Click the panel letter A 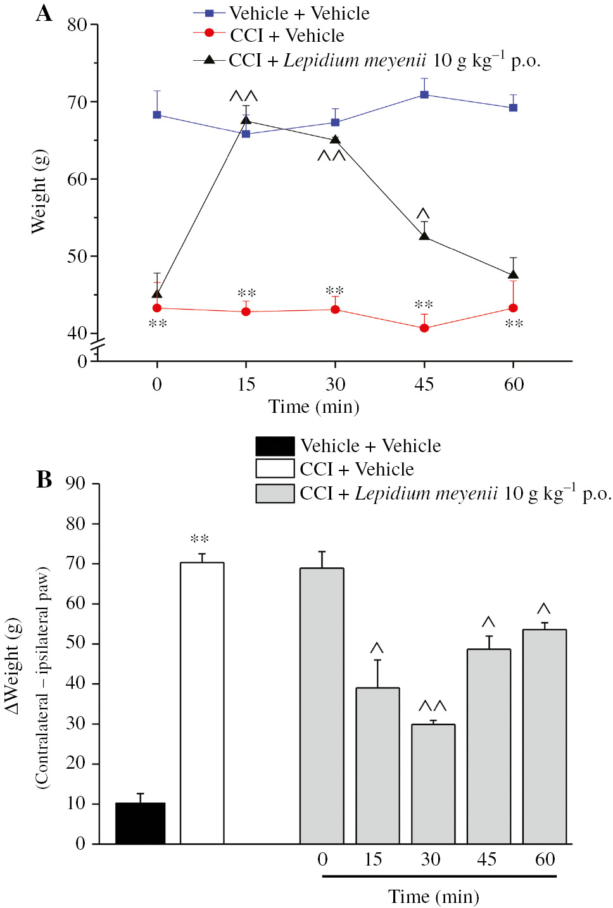[x=44, y=13]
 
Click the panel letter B [x=44, y=479]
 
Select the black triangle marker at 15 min [x=246, y=120]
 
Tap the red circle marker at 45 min [x=424, y=328]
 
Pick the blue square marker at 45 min [x=424, y=94]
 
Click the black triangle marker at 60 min [x=513, y=275]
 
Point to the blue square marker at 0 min [x=157, y=115]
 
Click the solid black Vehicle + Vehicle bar [x=140, y=823]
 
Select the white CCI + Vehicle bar [x=202, y=703]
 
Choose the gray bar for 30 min [x=433, y=784]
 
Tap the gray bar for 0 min [x=322, y=706]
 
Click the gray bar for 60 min [x=544, y=736]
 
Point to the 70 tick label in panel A [x=77, y=102]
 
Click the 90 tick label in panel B [x=75, y=484]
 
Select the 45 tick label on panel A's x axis [x=424, y=384]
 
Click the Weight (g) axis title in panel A [x=39, y=192]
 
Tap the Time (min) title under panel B [x=433, y=897]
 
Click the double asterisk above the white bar [x=199, y=539]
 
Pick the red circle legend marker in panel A [x=210, y=33]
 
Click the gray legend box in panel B [x=275, y=493]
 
